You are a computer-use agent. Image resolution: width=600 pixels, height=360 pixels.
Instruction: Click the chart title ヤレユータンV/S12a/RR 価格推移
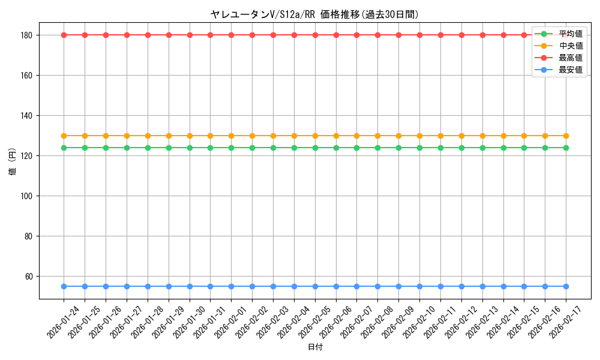tap(314, 14)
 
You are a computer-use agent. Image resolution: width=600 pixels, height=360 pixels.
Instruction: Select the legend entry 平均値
tap(570, 34)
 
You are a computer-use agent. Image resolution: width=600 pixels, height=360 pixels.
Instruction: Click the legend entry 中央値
tap(570, 46)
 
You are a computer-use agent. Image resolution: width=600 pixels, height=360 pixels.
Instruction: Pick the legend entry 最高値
tap(570, 58)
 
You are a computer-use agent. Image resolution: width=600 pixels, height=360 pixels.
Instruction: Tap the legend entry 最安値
tap(570, 70)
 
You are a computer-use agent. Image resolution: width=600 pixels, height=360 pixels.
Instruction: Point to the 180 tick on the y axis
tap(28, 35)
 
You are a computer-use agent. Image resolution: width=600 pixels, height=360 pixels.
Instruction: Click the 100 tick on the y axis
tap(28, 196)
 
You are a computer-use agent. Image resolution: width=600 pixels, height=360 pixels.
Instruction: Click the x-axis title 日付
tap(314, 347)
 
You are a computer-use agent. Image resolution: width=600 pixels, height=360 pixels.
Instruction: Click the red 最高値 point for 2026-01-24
tap(64, 35)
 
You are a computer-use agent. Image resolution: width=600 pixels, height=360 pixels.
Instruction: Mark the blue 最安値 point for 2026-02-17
tap(566, 286)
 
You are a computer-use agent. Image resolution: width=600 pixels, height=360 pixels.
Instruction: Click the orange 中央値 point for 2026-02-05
tap(315, 136)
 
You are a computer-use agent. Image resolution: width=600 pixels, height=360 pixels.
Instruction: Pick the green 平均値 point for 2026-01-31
tap(211, 148)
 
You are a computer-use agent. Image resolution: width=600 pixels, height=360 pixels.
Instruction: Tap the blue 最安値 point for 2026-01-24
tap(64, 286)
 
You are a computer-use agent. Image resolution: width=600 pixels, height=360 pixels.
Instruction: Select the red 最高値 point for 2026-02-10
tap(419, 35)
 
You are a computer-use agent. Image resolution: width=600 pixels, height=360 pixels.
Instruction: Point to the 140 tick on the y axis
tap(28, 116)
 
